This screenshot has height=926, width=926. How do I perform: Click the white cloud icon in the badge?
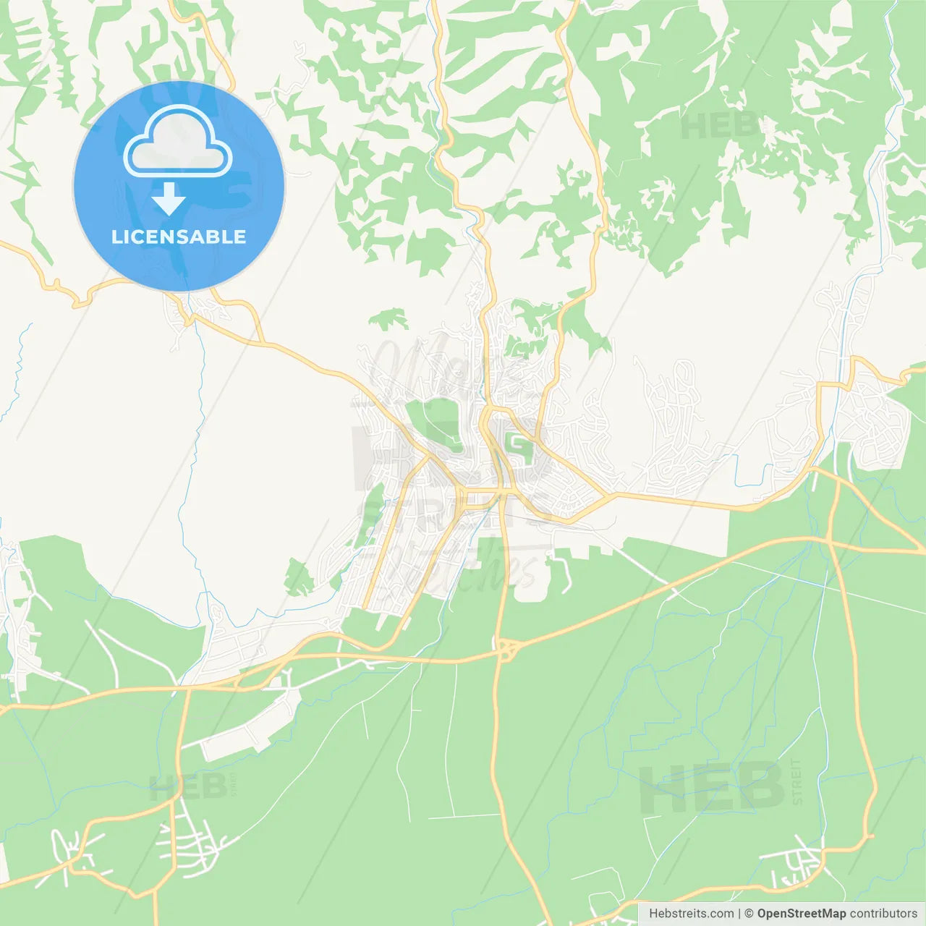point(178,142)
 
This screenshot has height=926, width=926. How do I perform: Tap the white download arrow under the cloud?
point(169,199)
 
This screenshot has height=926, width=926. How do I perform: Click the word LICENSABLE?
point(179,237)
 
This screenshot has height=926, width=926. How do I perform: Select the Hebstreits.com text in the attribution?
point(691,914)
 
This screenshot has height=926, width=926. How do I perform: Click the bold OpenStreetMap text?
point(801,914)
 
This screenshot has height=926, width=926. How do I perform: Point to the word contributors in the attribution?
point(883,914)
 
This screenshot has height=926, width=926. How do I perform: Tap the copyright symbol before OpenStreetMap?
point(749,914)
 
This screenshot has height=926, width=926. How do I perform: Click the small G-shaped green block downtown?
point(519,447)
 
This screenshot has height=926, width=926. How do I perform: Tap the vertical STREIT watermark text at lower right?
point(797,781)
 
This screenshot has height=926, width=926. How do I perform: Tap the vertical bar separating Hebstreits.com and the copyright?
point(739,914)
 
